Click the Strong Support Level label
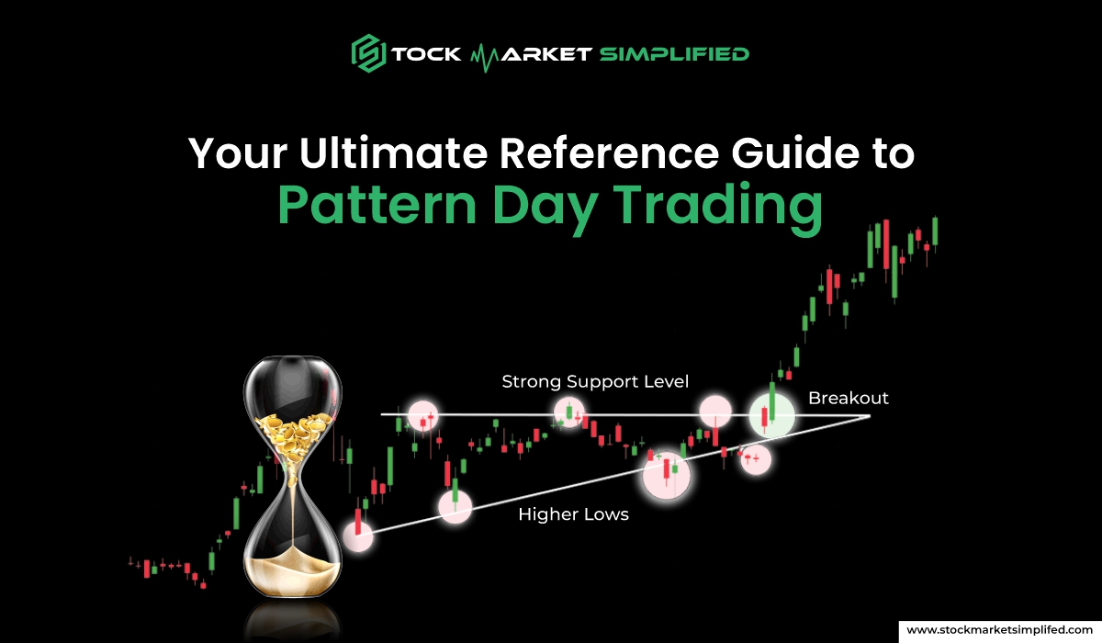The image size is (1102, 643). coord(595,381)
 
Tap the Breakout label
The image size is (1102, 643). coord(849,399)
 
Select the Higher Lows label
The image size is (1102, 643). coord(573,514)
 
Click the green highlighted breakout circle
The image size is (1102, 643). coord(771,415)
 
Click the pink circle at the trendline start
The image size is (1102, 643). coord(358,534)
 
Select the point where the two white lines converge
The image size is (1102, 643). coord(868,416)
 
